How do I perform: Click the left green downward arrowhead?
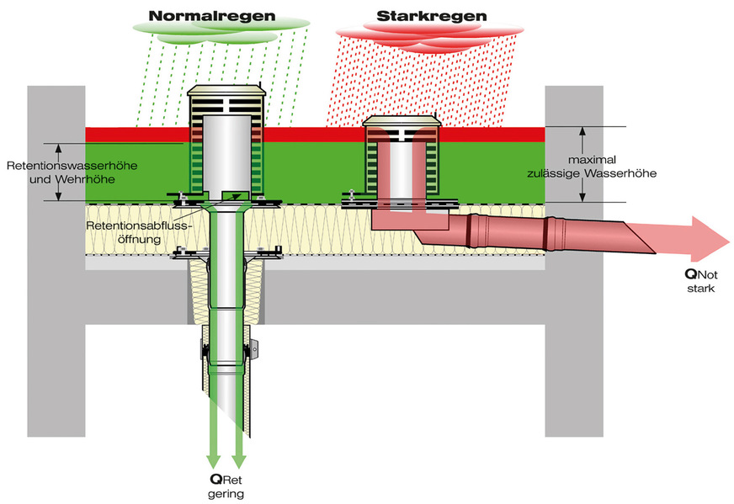pyautogui.click(x=213, y=459)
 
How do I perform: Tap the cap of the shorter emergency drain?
pyautogui.click(x=401, y=124)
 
